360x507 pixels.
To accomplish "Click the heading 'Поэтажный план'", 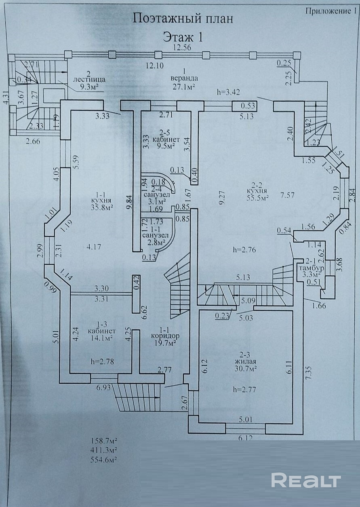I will [183, 19].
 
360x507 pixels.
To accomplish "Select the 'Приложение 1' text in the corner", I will [329, 11].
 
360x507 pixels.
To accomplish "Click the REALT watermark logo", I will [305, 480].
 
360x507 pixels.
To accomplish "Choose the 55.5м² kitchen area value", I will [259, 198].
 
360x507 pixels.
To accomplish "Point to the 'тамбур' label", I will [309, 268].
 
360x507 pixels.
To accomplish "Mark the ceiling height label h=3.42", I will [228, 92].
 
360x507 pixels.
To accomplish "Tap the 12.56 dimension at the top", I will [182, 47].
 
